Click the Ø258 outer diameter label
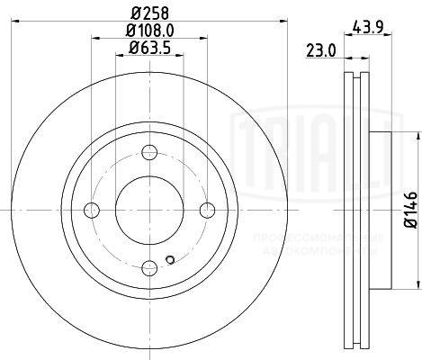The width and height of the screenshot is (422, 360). [x=149, y=13]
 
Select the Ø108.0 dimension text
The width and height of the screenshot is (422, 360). [x=149, y=30]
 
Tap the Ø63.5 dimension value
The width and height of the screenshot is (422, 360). [x=149, y=48]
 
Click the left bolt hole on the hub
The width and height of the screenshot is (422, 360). [x=91, y=210]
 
